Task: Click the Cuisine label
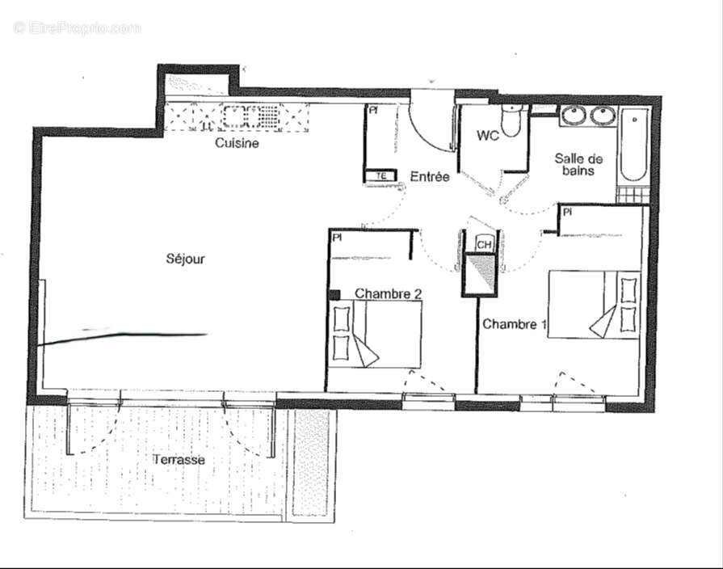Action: (x=237, y=143)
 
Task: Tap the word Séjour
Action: (x=186, y=259)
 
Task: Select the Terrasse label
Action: (x=179, y=459)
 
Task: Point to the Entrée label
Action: (x=430, y=176)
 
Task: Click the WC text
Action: (x=487, y=136)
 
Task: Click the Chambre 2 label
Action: (x=388, y=293)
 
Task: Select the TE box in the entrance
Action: (x=380, y=175)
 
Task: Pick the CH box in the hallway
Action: (x=484, y=244)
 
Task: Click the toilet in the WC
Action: (x=511, y=122)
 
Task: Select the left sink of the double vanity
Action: (x=575, y=116)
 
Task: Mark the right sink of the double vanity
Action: (x=603, y=116)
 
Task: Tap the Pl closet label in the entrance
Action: (x=373, y=110)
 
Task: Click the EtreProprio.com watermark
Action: (x=77, y=27)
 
